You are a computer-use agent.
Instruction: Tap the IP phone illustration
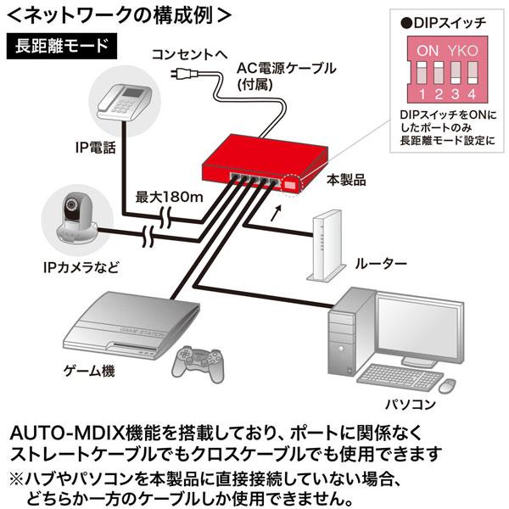[x=125, y=101]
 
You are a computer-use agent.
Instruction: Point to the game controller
[x=197, y=363]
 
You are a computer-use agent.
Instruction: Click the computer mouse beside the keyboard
[x=447, y=386]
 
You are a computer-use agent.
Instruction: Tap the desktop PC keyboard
[x=400, y=378]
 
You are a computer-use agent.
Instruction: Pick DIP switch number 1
[x=422, y=74]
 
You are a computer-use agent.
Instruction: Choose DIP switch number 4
[x=473, y=74]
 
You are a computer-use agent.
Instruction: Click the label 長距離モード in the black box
[x=62, y=46]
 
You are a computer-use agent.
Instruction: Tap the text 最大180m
[x=169, y=197]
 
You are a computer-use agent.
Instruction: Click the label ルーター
[x=381, y=264]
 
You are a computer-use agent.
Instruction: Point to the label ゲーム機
[x=89, y=371]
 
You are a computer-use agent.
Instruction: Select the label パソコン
[x=411, y=405]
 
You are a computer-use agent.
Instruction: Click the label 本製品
[x=346, y=180]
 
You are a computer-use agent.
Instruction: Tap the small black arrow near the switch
[x=276, y=213]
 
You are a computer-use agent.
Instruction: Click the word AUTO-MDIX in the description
[x=67, y=433]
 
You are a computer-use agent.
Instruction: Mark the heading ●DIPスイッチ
[x=443, y=23]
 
